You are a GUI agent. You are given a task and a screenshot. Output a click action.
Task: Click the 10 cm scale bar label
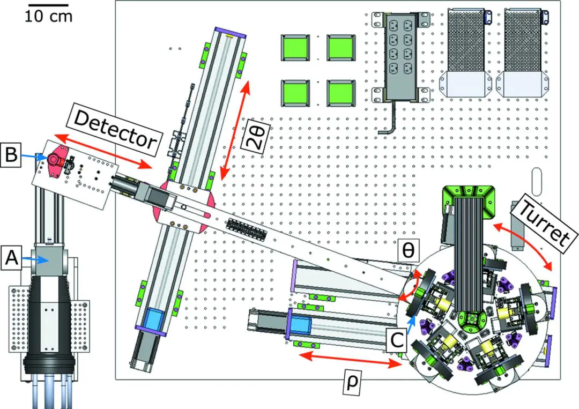pyautogui.click(x=48, y=16)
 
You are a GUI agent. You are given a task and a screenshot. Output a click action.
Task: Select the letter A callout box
pyautogui.click(x=11, y=257)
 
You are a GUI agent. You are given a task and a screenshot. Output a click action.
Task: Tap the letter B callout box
pyautogui.click(x=10, y=154)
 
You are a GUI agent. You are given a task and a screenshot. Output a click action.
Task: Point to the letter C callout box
pyautogui.click(x=397, y=340)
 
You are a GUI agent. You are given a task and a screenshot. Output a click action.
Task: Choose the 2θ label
pyautogui.click(x=256, y=137)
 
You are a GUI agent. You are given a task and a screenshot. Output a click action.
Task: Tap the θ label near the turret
pyautogui.click(x=409, y=250)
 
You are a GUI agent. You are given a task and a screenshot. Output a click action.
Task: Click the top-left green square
pyautogui.click(x=295, y=48)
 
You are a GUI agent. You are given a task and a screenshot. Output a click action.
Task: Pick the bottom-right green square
pyautogui.click(x=340, y=93)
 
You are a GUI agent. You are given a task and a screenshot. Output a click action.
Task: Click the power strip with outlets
pyautogui.click(x=401, y=58)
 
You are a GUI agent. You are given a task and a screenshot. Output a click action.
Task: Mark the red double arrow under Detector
pyautogui.click(x=102, y=152)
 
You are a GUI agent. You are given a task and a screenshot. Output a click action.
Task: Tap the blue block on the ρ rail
pyautogui.click(x=302, y=326)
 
